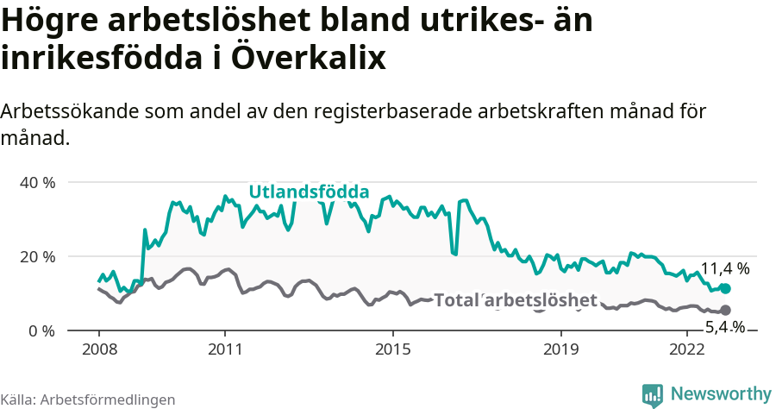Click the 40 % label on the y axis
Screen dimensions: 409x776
37,183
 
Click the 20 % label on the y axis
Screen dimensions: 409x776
37,257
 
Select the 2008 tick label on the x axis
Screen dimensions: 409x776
99,349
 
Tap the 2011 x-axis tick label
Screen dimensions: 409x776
225,349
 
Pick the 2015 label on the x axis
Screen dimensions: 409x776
393,349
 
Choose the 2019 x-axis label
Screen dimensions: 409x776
561,349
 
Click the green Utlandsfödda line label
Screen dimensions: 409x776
309,192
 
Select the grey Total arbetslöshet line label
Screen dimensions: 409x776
516,300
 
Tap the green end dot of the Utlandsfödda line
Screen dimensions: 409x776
725,288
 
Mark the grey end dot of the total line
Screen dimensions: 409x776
725,310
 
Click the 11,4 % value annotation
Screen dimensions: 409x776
724,268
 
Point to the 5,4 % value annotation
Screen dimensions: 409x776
725,327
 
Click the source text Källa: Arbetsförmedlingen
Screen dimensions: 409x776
88,400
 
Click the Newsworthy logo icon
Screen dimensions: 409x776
653,394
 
